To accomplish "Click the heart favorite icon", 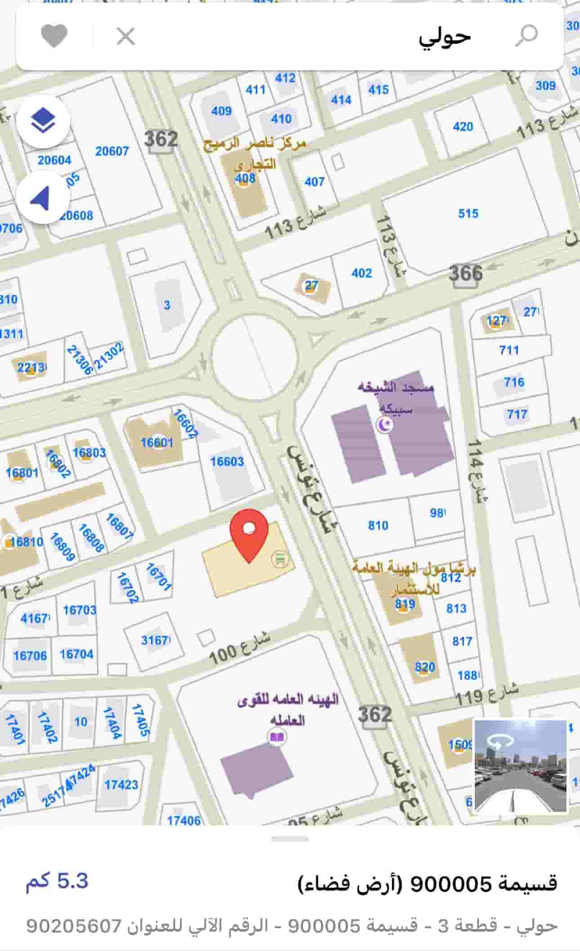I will tap(54, 36).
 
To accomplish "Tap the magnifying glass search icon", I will tap(526, 36).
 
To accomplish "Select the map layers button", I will tap(43, 121).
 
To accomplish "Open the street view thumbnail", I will tap(520, 766).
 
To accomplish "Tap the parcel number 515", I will tap(468, 213).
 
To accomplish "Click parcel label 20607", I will tap(112, 151).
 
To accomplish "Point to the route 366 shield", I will tap(466, 273).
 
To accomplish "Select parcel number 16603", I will tap(227, 461).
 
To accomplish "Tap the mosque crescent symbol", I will tap(384, 424).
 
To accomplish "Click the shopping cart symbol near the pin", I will tap(280, 559).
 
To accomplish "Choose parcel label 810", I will tap(378, 525).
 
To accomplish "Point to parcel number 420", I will tap(463, 126).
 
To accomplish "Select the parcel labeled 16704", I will tap(76, 654).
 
